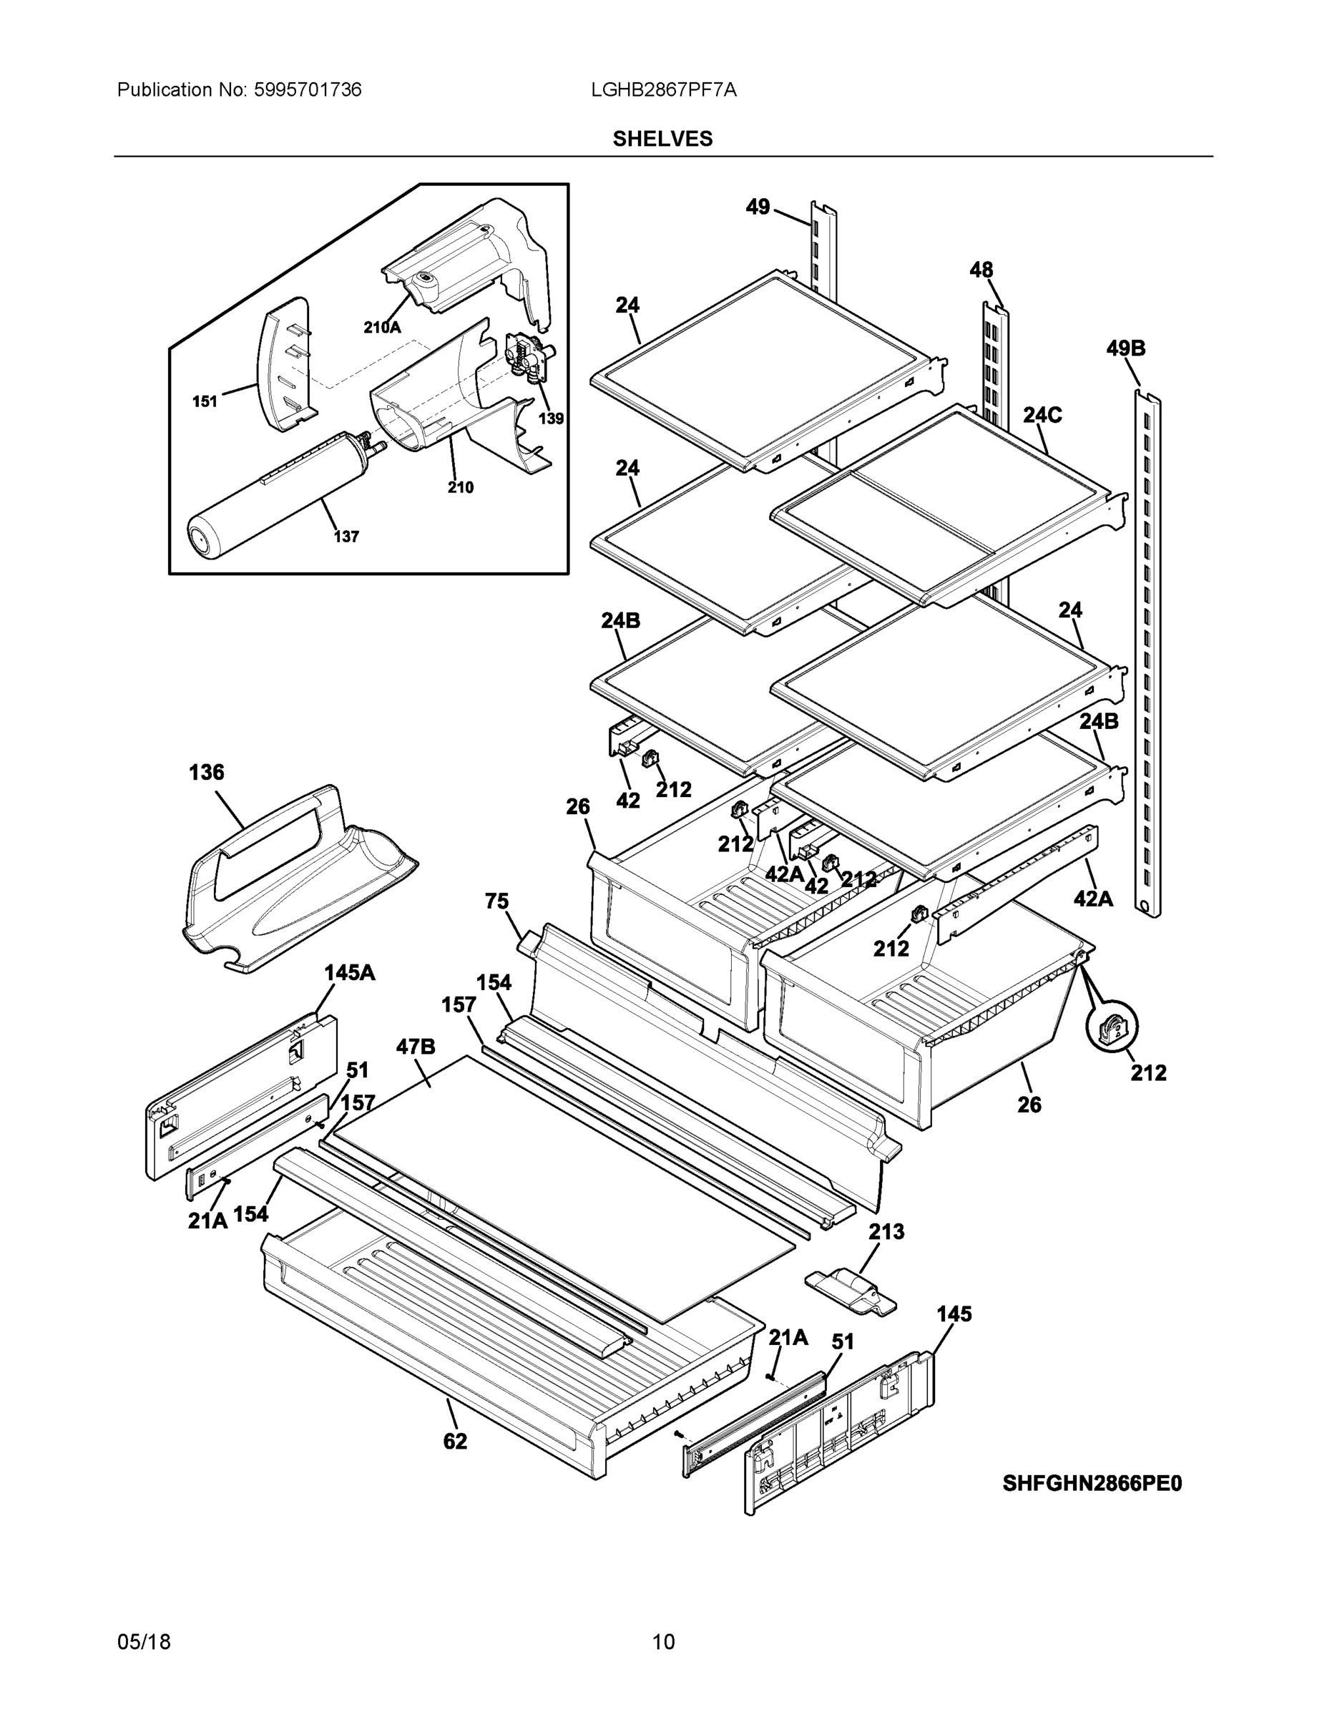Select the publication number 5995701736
308,89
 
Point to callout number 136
206,772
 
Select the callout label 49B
1125,348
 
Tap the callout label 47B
415,1047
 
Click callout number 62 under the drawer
454,1441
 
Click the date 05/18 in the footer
144,1642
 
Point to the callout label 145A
349,972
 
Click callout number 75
496,901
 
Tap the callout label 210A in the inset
382,327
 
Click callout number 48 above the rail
980,270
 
